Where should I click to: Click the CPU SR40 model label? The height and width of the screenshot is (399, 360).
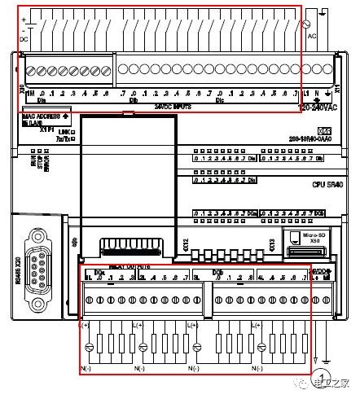pos(330,184)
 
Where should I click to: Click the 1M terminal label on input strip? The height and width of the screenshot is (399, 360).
pos(30,95)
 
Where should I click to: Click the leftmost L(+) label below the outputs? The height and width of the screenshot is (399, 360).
pos(83,326)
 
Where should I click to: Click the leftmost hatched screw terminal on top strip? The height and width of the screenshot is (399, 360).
pos(30,71)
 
